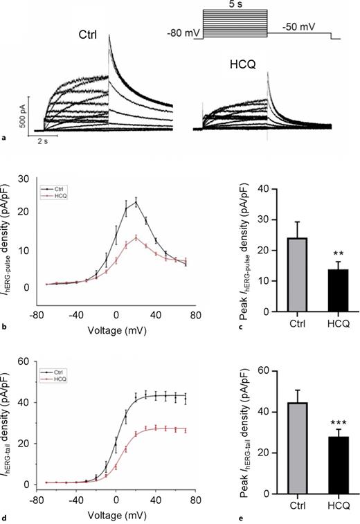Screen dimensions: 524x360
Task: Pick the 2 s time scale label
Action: click(42, 138)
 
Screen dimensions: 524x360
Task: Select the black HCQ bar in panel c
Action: click(319, 291)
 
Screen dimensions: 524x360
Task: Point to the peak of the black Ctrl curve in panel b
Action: click(136, 202)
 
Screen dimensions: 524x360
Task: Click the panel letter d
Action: click(6, 510)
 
